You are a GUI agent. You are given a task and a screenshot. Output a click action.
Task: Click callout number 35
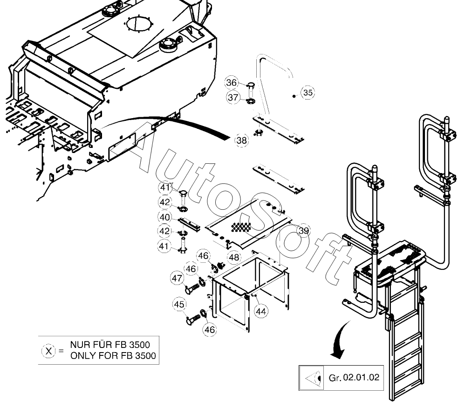308,93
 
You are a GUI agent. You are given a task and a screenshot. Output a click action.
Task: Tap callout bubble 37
233,98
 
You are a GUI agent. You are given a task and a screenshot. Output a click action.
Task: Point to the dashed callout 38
241,140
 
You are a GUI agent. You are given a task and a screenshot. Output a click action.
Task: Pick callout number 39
304,231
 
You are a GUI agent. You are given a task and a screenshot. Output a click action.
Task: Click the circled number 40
164,217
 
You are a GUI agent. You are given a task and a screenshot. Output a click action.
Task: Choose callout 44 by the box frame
261,312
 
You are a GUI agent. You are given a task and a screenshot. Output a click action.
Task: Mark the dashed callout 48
234,256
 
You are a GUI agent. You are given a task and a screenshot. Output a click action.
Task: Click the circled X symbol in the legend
48,350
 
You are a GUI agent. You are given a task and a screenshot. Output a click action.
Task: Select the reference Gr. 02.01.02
354,378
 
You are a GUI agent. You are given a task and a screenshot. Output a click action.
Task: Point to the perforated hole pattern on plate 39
241,227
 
